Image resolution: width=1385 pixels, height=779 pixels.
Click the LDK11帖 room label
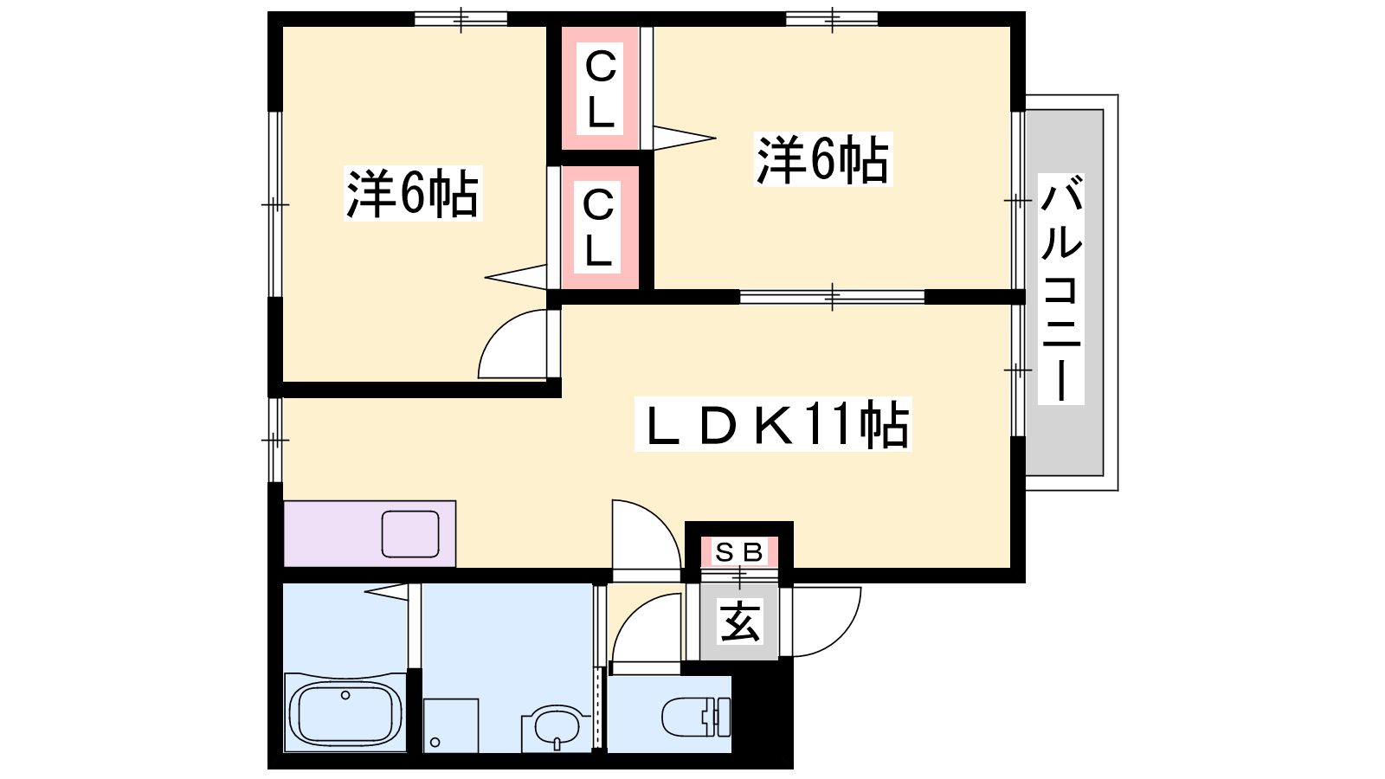[773, 424]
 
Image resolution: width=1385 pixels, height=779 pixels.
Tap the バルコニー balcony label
[1061, 289]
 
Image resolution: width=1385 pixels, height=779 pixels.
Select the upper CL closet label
[601, 89]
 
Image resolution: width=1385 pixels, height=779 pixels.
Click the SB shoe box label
[739, 552]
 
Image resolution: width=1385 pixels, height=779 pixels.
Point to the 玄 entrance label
[739, 621]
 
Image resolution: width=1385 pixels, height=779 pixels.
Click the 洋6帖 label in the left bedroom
[413, 194]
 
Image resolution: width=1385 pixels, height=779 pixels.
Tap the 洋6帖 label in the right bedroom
[823, 159]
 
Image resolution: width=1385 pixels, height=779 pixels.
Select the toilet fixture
[696, 717]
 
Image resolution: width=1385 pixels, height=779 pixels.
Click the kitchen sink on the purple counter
[410, 534]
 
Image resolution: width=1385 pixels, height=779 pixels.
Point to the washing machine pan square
[451, 725]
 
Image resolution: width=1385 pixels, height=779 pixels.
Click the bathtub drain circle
[345, 696]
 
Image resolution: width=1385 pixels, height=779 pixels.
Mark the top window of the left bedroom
[461, 19]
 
